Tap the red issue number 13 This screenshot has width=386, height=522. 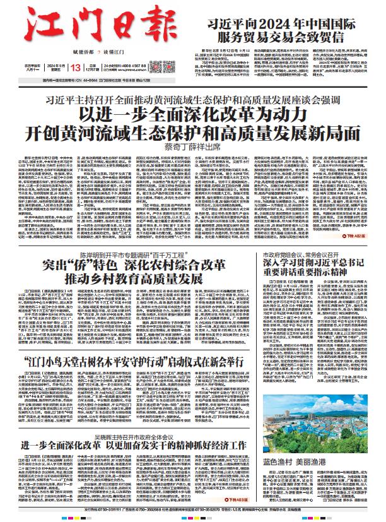(x=76, y=68)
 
